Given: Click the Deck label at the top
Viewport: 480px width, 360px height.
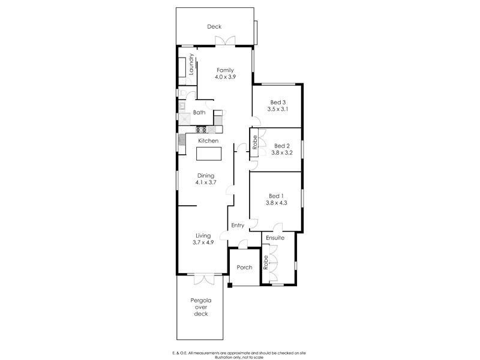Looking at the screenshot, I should coord(214,26).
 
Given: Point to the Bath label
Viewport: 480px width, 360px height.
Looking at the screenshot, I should coord(199,112).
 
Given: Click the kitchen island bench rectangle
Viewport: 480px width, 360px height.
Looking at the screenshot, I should coord(208,154).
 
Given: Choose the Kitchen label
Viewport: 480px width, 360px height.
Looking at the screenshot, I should coord(208,140).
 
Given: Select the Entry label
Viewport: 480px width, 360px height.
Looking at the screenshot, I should coord(238,226).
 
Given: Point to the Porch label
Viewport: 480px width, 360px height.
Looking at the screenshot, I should coord(244,267).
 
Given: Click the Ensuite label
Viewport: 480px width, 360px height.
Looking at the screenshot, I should coord(275,238).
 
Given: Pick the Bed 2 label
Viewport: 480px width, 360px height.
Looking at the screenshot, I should coord(282,145).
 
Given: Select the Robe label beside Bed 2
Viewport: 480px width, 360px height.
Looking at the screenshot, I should coord(254,142).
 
